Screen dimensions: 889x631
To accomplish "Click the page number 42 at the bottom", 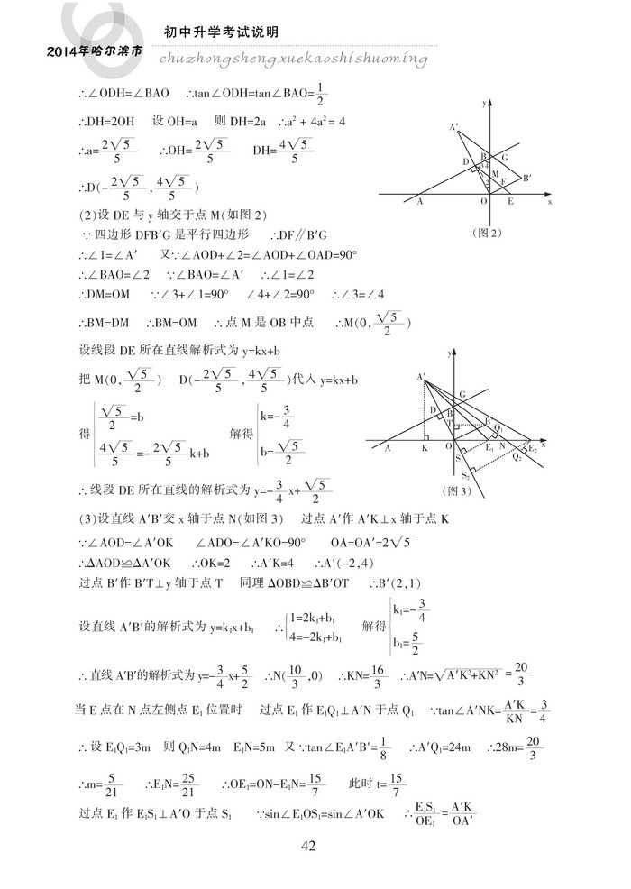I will point(308,845).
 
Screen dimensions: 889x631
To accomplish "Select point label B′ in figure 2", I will point(526,178).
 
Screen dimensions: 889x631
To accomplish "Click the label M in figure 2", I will point(494,172).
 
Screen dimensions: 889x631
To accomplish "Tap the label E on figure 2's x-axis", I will point(510,203).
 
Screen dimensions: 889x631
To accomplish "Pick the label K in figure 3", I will point(425,447).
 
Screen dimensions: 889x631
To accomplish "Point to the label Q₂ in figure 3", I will point(517,457).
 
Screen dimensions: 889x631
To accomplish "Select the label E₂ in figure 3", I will point(533,448).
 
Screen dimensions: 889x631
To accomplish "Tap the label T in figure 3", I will point(450,423).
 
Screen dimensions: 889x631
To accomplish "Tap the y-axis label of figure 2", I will point(484,105).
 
